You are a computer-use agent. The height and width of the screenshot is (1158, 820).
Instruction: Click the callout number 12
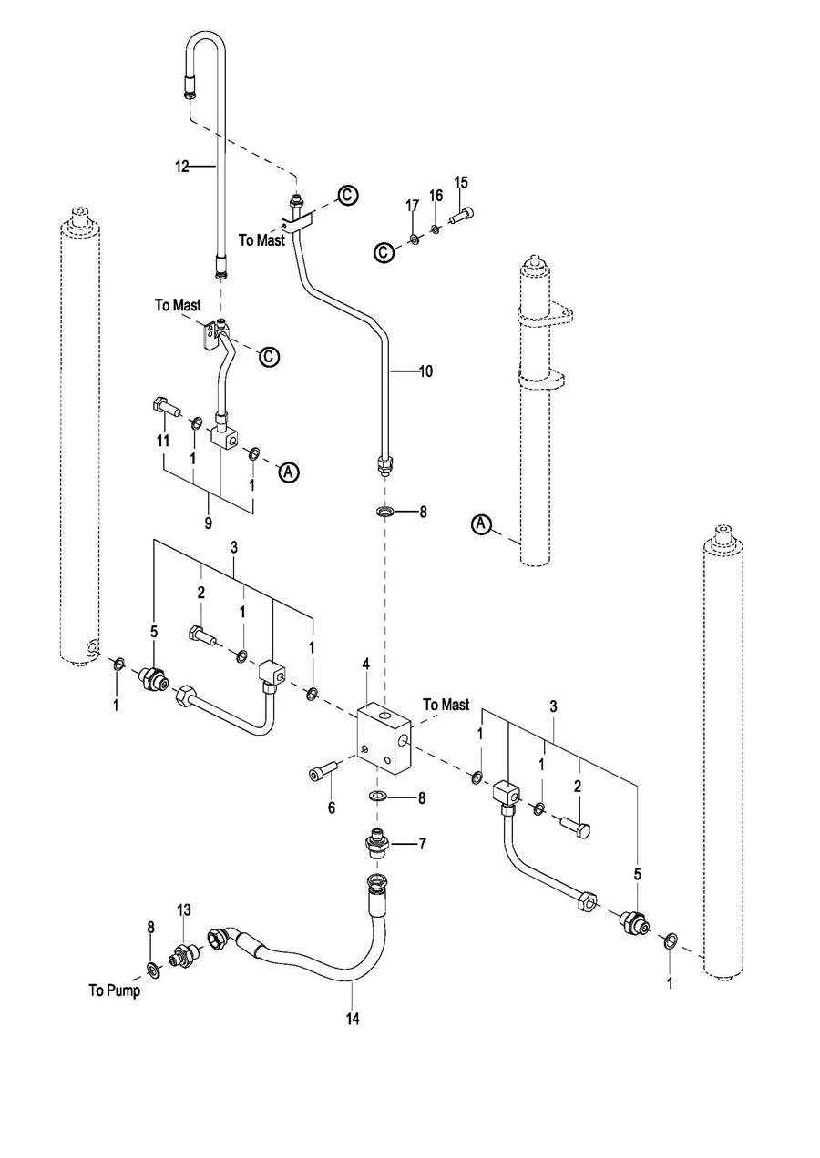click(x=182, y=167)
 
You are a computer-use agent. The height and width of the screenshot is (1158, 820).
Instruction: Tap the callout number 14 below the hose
click(x=353, y=1019)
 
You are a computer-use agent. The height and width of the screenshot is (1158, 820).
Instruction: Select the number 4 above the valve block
click(x=365, y=665)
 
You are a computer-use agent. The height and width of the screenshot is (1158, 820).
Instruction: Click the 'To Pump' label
click(x=114, y=990)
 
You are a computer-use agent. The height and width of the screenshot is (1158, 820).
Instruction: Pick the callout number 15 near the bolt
click(x=461, y=182)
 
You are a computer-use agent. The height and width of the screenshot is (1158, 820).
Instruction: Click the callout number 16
click(x=436, y=196)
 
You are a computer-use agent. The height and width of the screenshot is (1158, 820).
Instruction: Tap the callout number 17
click(x=413, y=206)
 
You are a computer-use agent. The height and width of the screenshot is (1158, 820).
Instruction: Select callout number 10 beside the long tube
click(x=425, y=371)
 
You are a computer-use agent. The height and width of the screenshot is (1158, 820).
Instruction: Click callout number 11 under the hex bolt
click(x=163, y=441)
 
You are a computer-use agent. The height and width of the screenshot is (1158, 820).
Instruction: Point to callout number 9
click(x=208, y=523)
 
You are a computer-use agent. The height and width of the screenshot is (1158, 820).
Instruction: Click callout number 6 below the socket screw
click(x=332, y=807)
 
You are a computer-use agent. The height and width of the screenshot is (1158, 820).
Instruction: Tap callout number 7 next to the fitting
click(x=422, y=845)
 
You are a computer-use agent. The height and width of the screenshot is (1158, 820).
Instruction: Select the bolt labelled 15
click(x=462, y=215)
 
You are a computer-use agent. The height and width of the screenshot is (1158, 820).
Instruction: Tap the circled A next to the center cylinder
click(x=481, y=523)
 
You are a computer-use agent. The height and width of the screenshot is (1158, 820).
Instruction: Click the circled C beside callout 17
click(x=384, y=252)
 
